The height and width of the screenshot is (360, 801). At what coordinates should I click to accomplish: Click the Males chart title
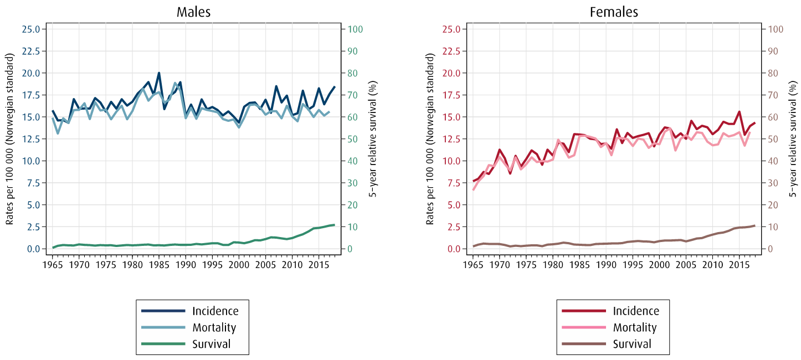point(193,12)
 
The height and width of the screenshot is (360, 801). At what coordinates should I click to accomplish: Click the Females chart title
point(613,12)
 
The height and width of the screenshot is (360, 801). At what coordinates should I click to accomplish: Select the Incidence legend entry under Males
point(215,311)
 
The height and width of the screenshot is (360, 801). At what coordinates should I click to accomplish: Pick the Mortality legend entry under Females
point(634,327)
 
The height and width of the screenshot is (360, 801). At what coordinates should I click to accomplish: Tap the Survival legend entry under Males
point(211,344)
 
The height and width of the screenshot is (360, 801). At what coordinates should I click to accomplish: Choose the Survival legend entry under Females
point(632,344)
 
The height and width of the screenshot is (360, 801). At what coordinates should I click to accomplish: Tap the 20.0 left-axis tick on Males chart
point(31,73)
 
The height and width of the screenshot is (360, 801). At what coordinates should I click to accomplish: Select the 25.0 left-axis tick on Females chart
point(451,29)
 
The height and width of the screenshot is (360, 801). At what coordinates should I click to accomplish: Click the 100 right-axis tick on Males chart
point(355,29)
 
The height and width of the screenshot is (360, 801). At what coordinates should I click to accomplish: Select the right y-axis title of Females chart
point(794,139)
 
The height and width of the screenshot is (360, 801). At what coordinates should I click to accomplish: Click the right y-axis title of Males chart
point(373,139)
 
